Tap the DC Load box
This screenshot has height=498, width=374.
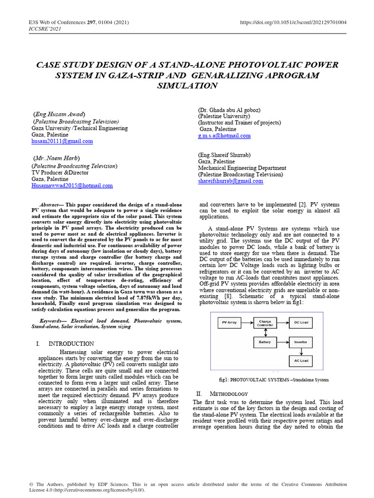[300, 322]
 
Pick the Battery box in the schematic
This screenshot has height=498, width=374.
[265, 342]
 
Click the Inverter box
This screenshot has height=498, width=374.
[300, 342]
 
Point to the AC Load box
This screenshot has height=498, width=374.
[300, 361]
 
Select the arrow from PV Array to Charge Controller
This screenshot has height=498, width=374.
[246, 322]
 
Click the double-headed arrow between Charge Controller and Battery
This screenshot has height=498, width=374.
[265, 332]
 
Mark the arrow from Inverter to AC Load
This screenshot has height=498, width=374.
[300, 352]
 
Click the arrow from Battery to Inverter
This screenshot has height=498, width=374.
[283, 342]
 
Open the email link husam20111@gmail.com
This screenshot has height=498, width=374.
[62, 142]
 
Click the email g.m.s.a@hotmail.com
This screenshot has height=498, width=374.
[224, 136]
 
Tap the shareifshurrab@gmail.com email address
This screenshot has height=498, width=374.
[230, 181]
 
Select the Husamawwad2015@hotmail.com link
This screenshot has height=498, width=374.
[72, 186]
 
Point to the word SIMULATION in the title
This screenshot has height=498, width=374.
[187, 86]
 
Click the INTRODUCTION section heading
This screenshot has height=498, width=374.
[71, 344]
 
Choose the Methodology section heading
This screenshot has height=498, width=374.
[228, 393]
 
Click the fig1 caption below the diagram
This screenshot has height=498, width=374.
[274, 379]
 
